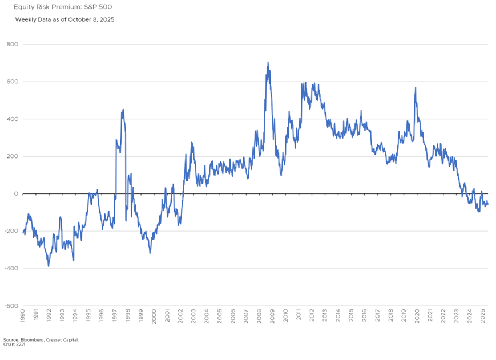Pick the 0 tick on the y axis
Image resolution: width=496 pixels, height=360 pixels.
click(x=16, y=194)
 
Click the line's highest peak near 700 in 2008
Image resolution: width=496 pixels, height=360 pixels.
click(x=268, y=62)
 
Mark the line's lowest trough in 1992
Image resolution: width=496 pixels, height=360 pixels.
click(x=49, y=266)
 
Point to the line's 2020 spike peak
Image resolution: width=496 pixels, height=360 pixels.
click(x=416, y=88)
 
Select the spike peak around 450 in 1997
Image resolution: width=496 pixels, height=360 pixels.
click(x=123, y=110)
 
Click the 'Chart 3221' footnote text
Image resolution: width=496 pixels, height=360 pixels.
click(x=14, y=344)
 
